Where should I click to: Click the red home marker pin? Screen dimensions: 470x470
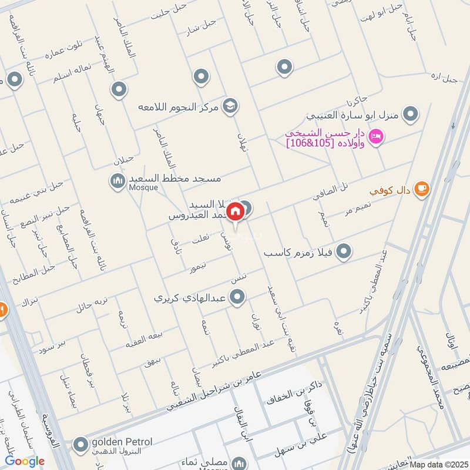tap(235, 211)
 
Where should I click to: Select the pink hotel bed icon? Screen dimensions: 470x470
tap(377, 137)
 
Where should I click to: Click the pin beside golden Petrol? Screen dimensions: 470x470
tap(79, 446)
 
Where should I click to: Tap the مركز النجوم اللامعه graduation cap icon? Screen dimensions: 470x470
tap(230, 106)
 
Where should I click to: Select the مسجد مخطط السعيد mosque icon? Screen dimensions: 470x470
tap(116, 179)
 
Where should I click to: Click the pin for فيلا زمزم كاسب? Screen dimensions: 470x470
tap(345, 252)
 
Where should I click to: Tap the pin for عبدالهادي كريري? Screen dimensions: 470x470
tap(237, 298)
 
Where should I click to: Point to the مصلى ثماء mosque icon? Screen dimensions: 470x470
tap(239, 463)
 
